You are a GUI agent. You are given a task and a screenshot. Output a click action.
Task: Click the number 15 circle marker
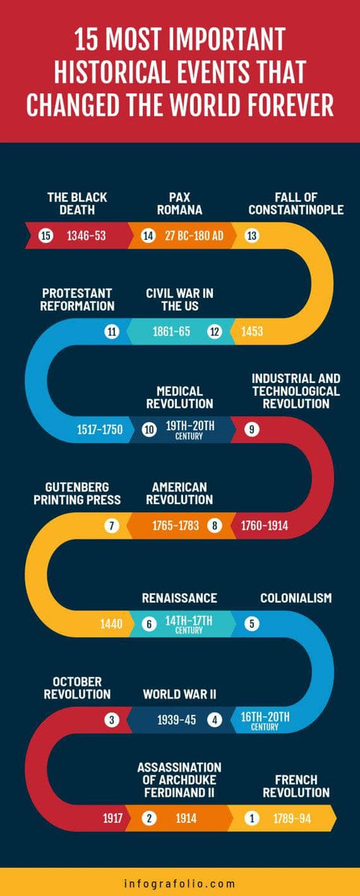pyautogui.click(x=46, y=236)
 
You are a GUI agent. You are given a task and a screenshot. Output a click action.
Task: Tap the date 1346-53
pyautogui.click(x=86, y=236)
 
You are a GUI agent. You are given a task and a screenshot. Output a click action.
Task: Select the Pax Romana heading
pyautogui.click(x=179, y=204)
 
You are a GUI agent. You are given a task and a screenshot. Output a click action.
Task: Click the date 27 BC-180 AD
pyautogui.click(x=193, y=236)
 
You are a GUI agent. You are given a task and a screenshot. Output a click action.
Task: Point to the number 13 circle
pyautogui.click(x=252, y=236)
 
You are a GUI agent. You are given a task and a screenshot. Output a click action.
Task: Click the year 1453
pyautogui.click(x=252, y=332)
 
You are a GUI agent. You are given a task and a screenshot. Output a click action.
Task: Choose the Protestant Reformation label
pyautogui.click(x=78, y=299)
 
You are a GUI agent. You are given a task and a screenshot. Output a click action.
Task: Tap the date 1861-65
pyautogui.click(x=171, y=332)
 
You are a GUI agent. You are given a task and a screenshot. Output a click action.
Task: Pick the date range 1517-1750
pyautogui.click(x=99, y=429)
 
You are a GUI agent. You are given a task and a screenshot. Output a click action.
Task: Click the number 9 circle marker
pyautogui.click(x=252, y=429)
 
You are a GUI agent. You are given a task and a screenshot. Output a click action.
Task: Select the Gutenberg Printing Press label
pyautogui.click(x=78, y=493)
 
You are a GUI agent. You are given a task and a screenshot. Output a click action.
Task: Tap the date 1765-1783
pyautogui.click(x=176, y=526)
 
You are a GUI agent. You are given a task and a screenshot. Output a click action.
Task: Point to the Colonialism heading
pyautogui.click(x=296, y=598)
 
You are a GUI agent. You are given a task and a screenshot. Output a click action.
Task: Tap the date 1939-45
pyautogui.click(x=176, y=720)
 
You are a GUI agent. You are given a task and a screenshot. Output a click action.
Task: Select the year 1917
pyautogui.click(x=113, y=818)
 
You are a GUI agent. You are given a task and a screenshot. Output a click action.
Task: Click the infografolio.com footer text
pyautogui.click(x=179, y=883)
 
